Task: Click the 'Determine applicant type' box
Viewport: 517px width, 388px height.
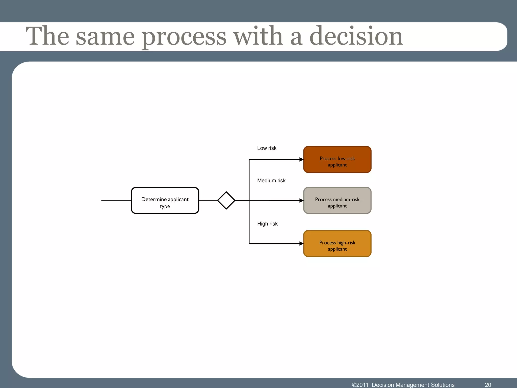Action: pos(165,200)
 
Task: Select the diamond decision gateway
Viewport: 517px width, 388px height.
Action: pos(226,200)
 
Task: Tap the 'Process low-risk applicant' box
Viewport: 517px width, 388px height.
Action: pos(337,159)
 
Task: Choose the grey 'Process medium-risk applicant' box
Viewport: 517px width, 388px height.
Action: pos(337,200)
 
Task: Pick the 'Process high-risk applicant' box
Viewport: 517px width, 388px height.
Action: pos(337,244)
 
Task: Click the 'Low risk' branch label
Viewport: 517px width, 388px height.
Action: pos(267,148)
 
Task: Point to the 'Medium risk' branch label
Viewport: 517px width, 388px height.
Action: pos(271,181)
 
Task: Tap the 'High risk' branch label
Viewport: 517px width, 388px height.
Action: pos(267,224)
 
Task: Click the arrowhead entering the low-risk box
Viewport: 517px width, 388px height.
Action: pos(301,159)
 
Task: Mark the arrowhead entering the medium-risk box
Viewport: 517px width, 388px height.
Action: pos(301,201)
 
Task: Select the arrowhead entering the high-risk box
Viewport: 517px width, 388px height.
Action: pos(301,244)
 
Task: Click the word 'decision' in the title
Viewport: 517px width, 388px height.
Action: pos(356,37)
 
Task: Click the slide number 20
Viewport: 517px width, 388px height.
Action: pos(488,385)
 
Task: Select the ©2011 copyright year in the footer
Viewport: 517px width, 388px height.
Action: pos(360,385)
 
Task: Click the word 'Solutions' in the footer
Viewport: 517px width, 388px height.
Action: pos(443,385)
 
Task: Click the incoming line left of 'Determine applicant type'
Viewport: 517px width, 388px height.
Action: pos(116,200)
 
